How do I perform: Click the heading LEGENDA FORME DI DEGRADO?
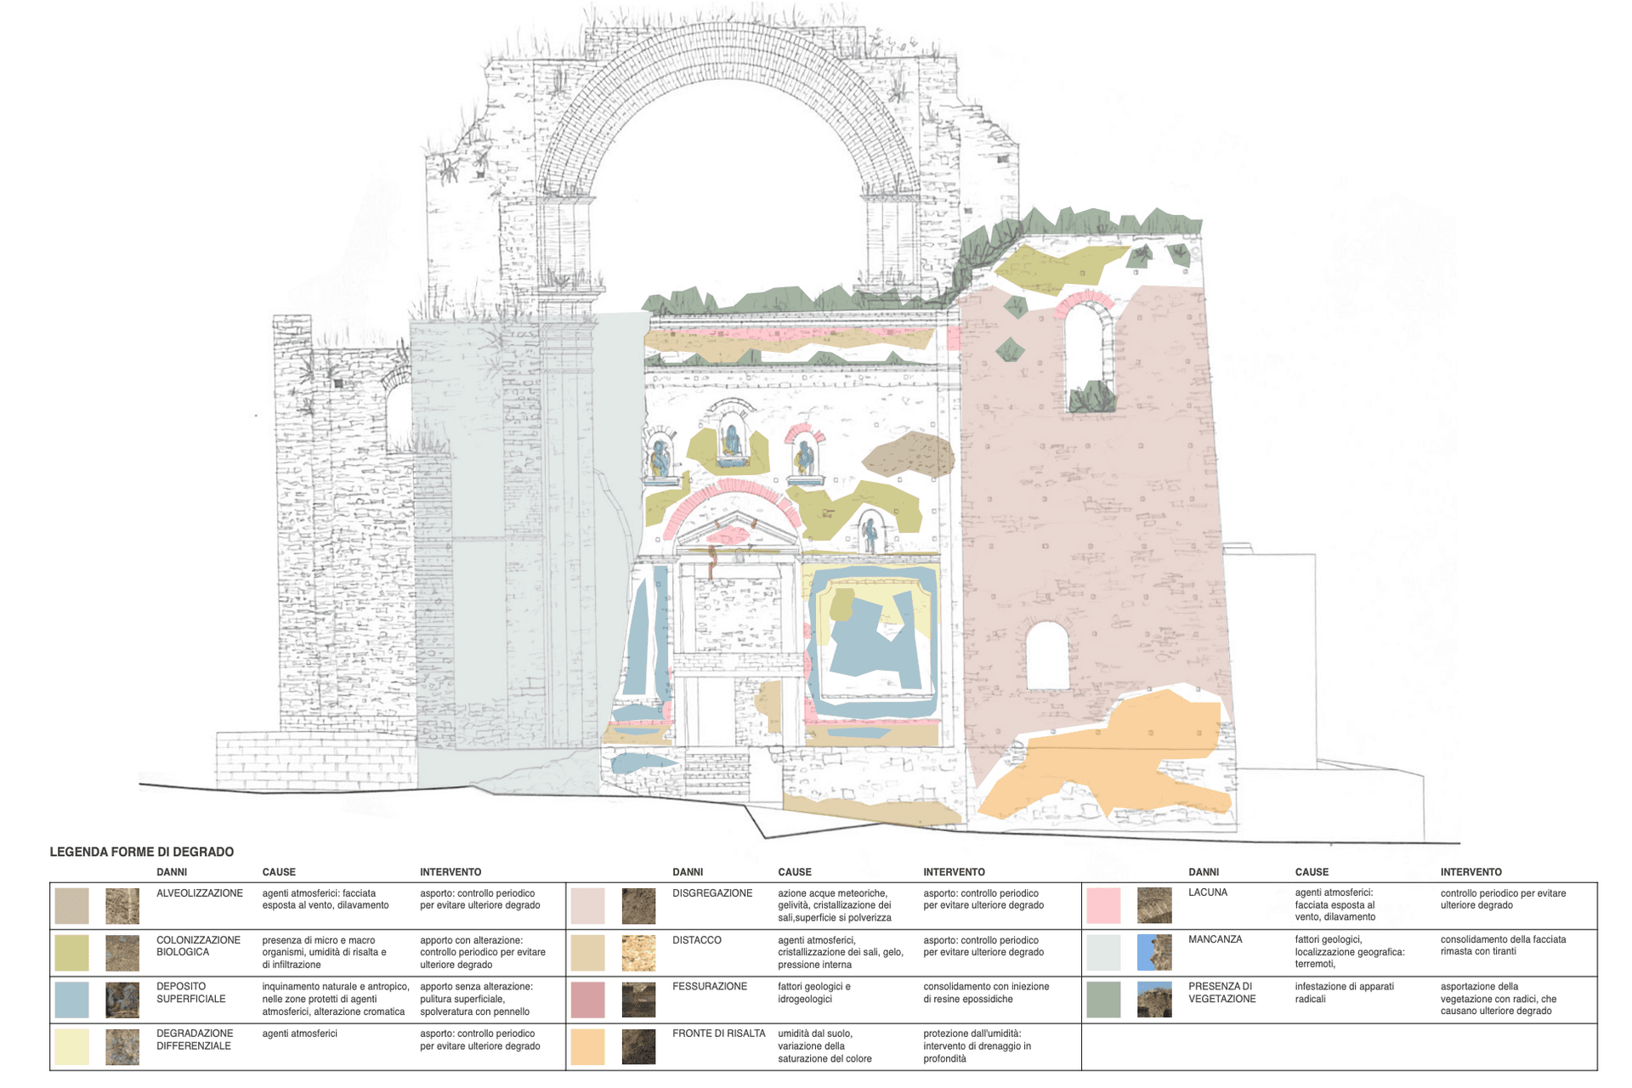[141, 852]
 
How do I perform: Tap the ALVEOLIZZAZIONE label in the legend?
[199, 893]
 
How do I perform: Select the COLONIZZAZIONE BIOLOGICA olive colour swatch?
[71, 953]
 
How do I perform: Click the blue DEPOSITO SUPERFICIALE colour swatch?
[71, 1000]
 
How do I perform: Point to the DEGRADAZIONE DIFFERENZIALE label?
[194, 1040]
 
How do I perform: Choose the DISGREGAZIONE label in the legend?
[711, 893]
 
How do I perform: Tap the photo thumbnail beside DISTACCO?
[638, 953]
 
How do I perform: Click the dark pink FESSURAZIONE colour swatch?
[587, 1000]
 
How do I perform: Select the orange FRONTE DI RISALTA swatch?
[587, 1046]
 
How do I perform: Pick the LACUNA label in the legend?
[1207, 892]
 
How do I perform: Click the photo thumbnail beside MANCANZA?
[1154, 953]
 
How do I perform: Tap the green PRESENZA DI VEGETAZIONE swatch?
[1103, 1000]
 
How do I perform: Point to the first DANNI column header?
[172, 872]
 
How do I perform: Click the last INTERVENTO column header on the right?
[1470, 872]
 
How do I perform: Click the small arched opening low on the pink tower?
[1047, 656]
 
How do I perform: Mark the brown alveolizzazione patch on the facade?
[908, 454]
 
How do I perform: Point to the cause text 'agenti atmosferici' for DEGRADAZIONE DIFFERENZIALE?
[299, 1034]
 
